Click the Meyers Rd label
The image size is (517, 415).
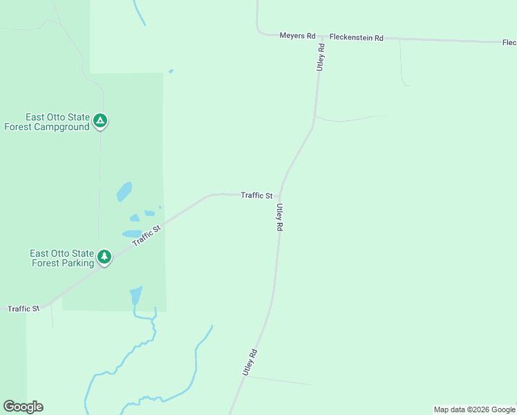point(297,35)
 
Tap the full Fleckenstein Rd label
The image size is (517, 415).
point(356,37)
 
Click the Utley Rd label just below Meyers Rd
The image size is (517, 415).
point(321,57)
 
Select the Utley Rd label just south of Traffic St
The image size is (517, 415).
point(279,216)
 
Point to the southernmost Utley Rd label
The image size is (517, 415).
point(250,362)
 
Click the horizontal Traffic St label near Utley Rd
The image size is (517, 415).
point(256,195)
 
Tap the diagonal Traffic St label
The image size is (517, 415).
point(147,234)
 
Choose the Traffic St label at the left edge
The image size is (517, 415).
point(23,308)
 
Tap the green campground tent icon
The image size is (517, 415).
point(101,122)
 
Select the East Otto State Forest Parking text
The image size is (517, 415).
point(62,258)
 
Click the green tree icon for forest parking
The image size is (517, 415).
point(104,257)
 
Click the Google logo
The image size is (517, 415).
point(23,407)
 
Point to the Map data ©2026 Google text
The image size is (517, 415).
point(474,409)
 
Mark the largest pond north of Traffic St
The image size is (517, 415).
point(124,191)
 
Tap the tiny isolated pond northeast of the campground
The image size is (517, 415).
point(171,71)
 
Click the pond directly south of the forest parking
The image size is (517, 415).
point(136,296)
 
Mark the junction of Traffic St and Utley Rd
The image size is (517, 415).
point(281,196)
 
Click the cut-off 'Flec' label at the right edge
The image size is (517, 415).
point(509,42)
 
